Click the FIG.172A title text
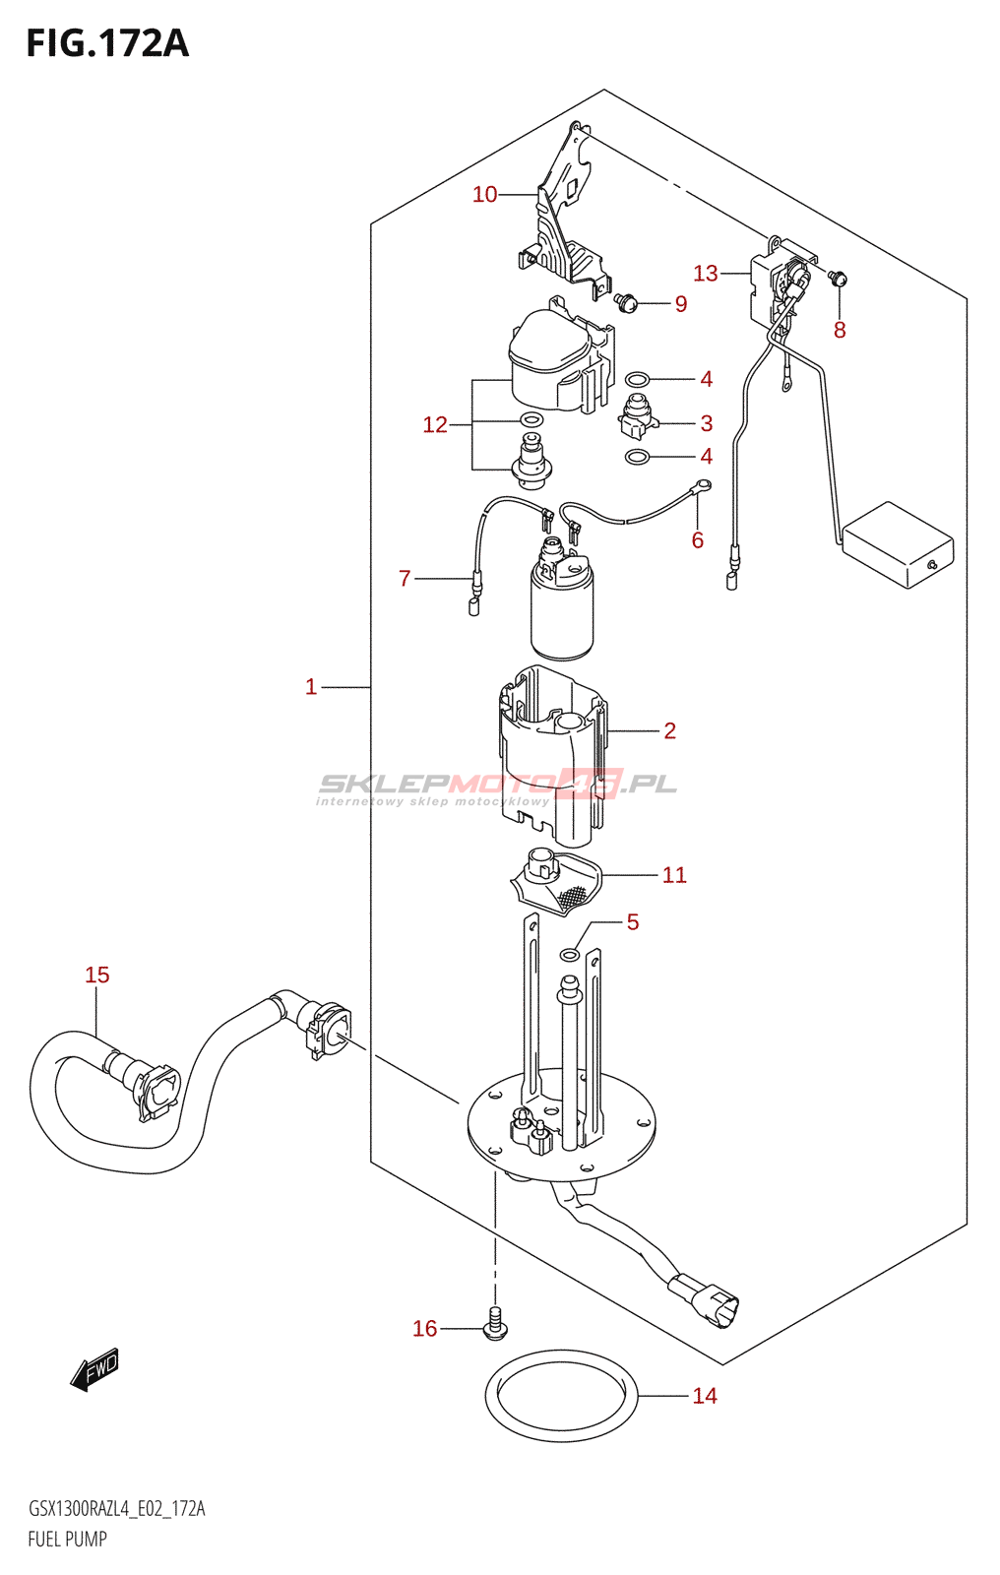coord(107,43)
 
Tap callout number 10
coord(484,194)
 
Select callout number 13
coord(706,273)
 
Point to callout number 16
coord(425,1328)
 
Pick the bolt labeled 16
coord(496,1323)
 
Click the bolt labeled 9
coord(624,303)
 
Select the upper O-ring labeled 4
coord(637,380)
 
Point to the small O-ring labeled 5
coord(569,955)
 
